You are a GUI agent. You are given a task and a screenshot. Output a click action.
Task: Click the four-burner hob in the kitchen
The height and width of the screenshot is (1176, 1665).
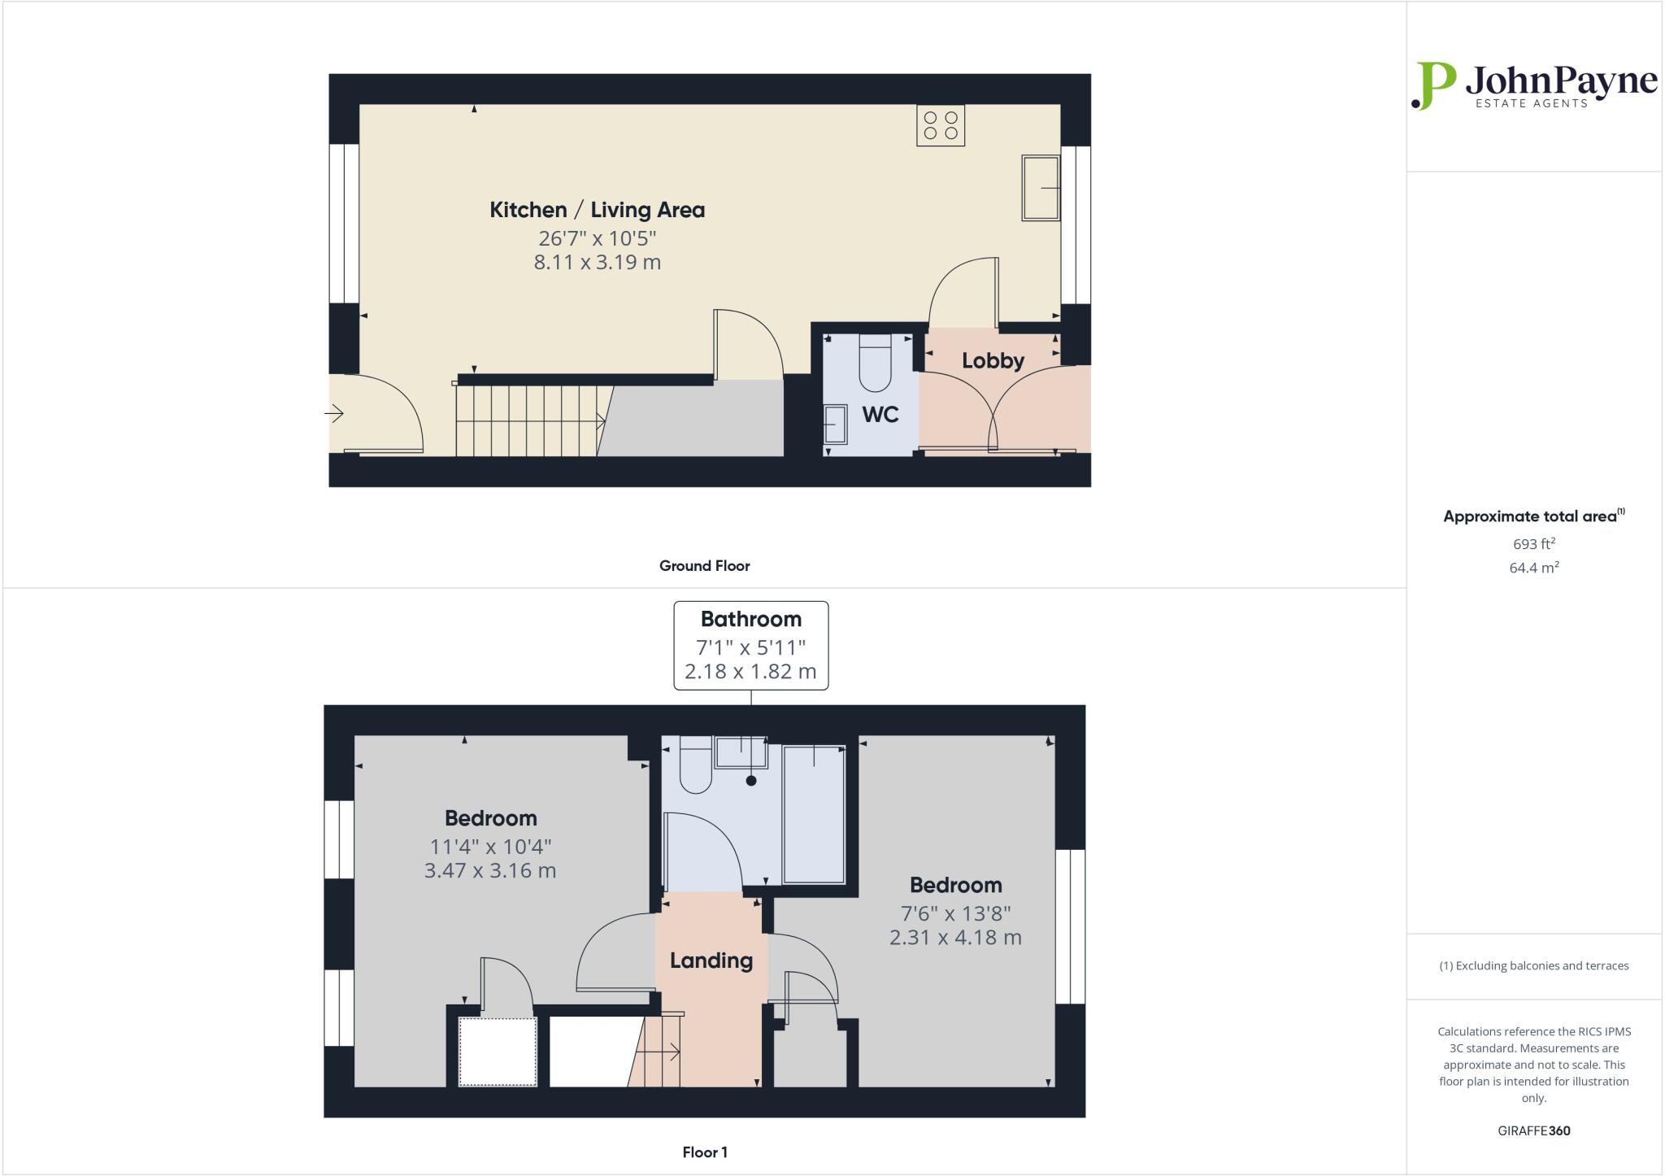coord(940,125)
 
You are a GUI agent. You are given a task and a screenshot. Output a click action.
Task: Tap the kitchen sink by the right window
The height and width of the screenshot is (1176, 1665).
coord(1040,188)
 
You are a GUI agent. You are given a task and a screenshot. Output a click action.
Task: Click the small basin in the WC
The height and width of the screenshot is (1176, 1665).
coord(835,424)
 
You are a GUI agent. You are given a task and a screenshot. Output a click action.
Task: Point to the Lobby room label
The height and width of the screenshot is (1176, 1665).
coord(993,360)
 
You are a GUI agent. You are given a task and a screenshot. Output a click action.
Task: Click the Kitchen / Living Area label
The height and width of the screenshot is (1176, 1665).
coord(597,210)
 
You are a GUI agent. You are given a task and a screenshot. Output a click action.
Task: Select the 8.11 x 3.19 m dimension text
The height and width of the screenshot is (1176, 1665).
coord(597,263)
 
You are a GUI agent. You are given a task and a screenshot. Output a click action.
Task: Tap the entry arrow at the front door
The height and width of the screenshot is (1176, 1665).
coord(334,414)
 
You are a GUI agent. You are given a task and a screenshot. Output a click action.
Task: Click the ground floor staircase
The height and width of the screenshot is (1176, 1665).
coord(528,420)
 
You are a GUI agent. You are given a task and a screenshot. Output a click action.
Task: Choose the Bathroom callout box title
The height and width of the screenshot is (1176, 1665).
coord(751,620)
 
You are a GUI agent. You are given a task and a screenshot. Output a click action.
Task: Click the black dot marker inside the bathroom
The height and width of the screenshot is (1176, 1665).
coord(751,781)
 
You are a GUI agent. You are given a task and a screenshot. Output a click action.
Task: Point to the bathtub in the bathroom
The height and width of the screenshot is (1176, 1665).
coord(813,813)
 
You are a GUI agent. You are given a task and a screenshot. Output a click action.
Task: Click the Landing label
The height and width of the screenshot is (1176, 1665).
coord(711,960)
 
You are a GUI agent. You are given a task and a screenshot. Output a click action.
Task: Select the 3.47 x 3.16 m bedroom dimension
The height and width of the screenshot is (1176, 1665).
coord(490,871)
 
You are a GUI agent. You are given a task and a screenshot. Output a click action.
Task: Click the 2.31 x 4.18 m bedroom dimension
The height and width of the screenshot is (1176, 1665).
coord(955,938)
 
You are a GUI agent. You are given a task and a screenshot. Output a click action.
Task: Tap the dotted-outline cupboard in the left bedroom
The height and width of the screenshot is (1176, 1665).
coord(498,1051)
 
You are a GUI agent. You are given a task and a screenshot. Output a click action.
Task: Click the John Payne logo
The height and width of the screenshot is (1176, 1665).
coord(1533,85)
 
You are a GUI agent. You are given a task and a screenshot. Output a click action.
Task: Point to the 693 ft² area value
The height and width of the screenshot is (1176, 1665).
coord(1534,544)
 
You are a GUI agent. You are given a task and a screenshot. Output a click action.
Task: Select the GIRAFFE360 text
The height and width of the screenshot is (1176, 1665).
coord(1533,1130)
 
